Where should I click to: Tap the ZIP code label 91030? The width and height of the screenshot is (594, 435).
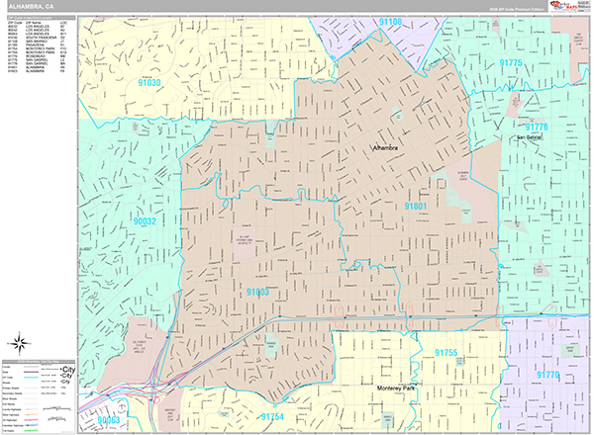coord(149,84)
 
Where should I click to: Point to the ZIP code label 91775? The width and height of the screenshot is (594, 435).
coord(511,61)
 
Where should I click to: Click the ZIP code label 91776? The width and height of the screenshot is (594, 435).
coord(536,128)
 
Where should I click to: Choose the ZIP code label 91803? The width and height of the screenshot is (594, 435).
coord(256,293)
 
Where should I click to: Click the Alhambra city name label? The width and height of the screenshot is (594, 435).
coord(385,148)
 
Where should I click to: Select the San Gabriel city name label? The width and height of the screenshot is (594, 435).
coord(528,136)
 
